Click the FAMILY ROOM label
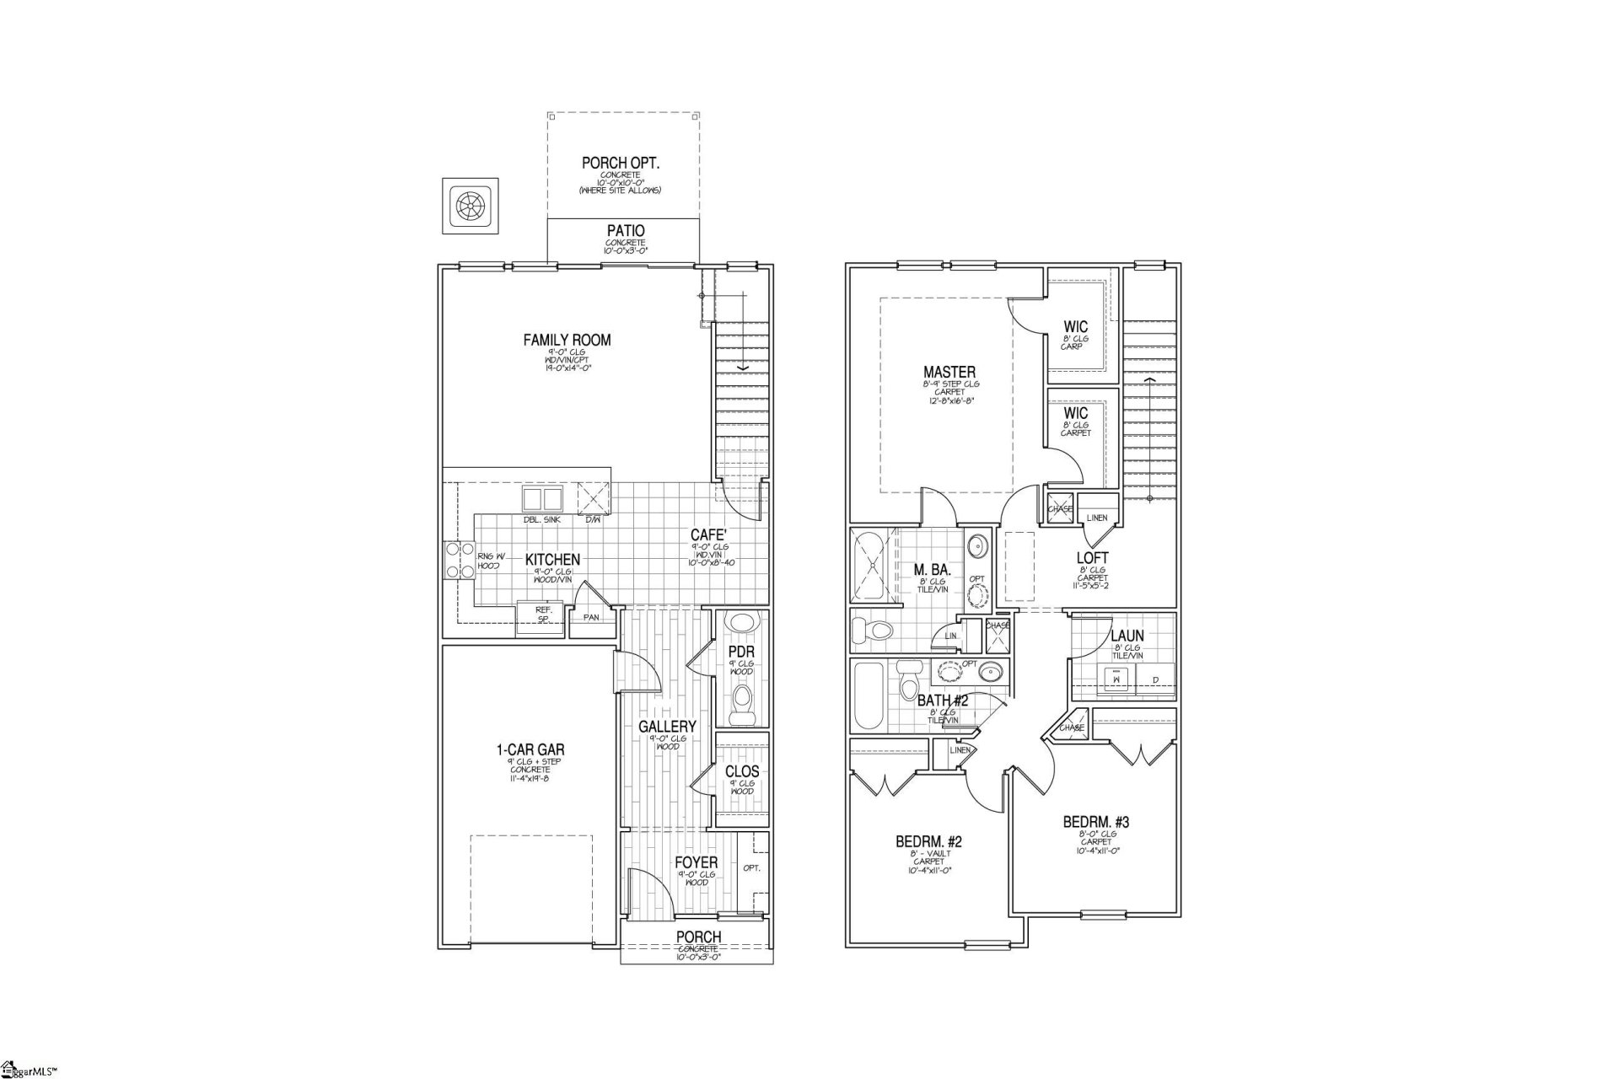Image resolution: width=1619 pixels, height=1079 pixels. tap(567, 341)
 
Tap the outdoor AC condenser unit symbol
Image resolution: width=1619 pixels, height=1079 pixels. tap(470, 206)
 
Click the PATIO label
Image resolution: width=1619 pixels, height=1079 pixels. tap(626, 231)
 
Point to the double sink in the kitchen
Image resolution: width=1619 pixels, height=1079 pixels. tap(541, 498)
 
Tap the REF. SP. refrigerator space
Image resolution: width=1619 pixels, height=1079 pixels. tap(543, 613)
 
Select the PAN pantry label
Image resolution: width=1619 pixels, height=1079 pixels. tap(591, 617)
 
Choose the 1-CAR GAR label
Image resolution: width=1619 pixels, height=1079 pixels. tap(530, 749)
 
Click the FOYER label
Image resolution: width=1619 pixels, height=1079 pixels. tap(696, 862)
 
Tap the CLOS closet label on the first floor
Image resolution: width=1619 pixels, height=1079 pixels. tap(742, 771)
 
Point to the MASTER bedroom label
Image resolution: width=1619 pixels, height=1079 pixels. tap(949, 372)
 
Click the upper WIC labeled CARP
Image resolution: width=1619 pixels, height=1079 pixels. tap(1076, 327)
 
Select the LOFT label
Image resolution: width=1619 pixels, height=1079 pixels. tap(1092, 558)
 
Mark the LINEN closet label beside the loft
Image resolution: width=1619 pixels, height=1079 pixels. tap(1097, 518)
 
